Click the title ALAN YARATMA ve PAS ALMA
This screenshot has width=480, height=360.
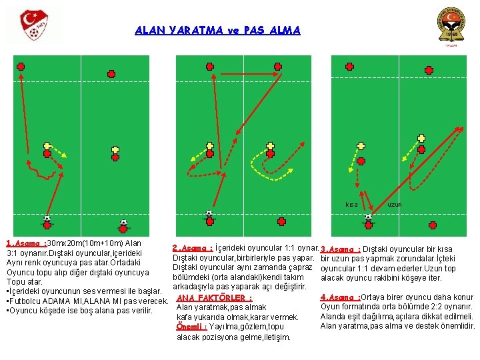[x=217, y=30]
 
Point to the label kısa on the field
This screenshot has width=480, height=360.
[x=351, y=204]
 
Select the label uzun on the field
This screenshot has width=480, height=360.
[x=395, y=204]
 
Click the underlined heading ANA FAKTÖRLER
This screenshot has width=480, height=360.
[x=214, y=297]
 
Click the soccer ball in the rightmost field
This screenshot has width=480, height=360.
[x=368, y=216]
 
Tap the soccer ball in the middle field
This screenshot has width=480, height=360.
[x=209, y=214]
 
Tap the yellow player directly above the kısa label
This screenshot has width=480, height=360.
[x=361, y=145]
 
